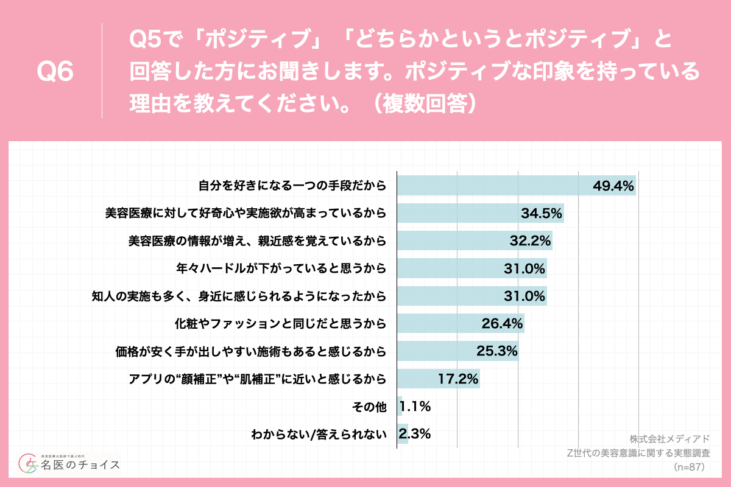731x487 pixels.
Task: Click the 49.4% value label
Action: tap(614, 185)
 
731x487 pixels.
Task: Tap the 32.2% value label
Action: tap(530, 240)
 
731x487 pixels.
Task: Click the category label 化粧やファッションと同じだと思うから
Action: tap(281, 323)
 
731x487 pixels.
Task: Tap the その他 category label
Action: tap(373, 407)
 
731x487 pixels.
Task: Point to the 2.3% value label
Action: tap(415, 434)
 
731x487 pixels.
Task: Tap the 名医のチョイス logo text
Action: tap(80, 466)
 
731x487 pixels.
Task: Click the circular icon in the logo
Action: tap(29, 465)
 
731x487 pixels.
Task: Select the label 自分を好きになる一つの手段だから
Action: tap(292, 185)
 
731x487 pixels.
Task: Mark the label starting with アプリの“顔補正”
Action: tap(258, 379)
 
